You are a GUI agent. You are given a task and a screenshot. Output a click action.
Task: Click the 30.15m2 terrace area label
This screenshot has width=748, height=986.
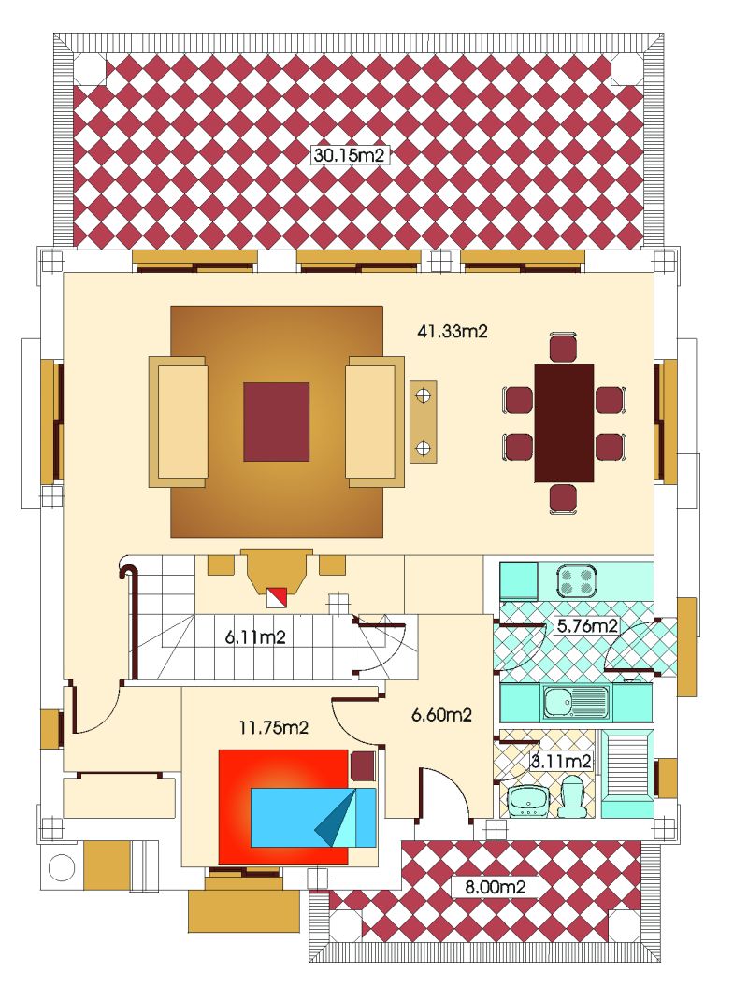pyautogui.click(x=349, y=155)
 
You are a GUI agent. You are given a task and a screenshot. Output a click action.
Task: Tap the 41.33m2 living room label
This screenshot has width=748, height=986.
pyautogui.click(x=453, y=332)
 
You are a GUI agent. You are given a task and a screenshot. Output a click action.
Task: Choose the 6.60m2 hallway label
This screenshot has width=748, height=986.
pyautogui.click(x=441, y=715)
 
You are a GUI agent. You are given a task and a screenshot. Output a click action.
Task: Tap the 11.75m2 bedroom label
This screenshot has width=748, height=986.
pyautogui.click(x=274, y=727)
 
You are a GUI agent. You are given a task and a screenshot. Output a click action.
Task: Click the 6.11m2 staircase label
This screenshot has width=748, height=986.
pyautogui.click(x=255, y=637)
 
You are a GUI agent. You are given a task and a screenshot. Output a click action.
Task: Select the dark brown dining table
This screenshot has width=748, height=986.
pyautogui.click(x=564, y=422)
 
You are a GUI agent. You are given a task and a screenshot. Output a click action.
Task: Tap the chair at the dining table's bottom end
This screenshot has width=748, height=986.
pyautogui.click(x=563, y=499)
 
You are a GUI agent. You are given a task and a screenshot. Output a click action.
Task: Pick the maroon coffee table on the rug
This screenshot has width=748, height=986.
pyautogui.click(x=276, y=422)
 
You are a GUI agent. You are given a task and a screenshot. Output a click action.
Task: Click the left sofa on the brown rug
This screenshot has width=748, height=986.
pyautogui.click(x=178, y=422)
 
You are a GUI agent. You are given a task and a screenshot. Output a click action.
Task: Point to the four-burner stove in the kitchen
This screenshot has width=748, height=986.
pyautogui.click(x=576, y=579)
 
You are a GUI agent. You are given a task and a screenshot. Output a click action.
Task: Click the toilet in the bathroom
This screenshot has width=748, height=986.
pyautogui.click(x=572, y=796)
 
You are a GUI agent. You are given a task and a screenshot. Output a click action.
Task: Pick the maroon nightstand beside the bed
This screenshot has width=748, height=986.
pyautogui.click(x=363, y=766)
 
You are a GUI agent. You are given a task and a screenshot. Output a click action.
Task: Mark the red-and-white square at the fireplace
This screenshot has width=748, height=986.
pyautogui.click(x=278, y=597)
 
